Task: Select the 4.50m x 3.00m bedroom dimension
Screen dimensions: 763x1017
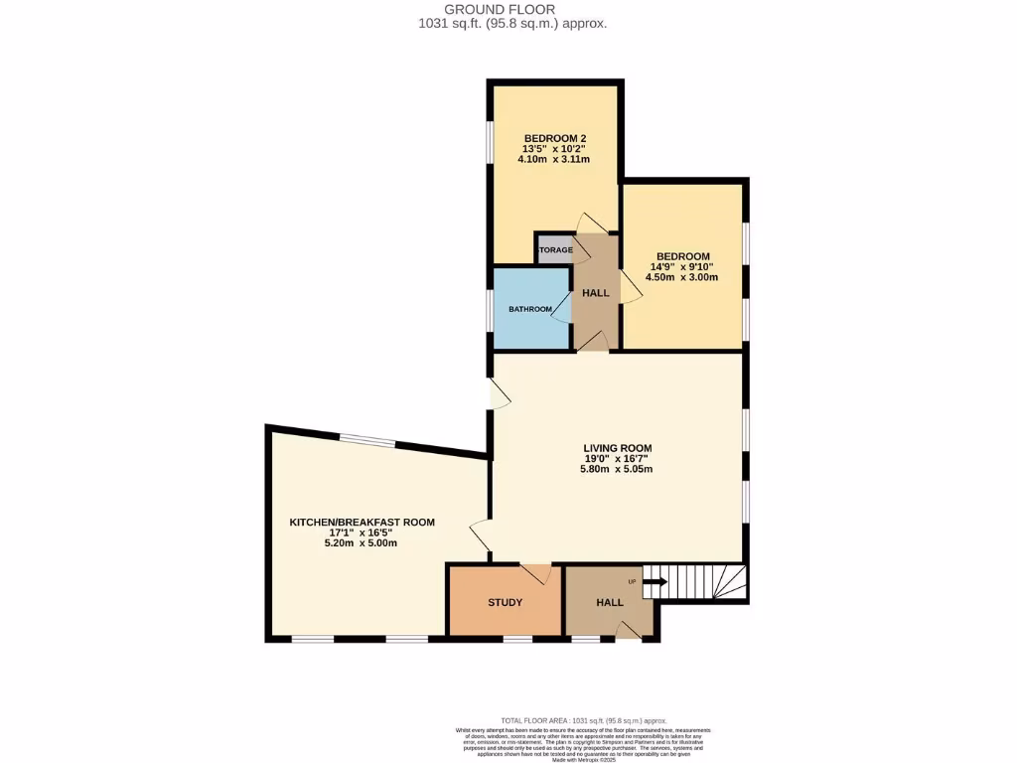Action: point(680,278)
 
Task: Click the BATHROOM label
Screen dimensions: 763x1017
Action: point(530,309)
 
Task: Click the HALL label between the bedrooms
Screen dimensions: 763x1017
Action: point(596,293)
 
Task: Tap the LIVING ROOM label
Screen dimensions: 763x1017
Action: point(617,447)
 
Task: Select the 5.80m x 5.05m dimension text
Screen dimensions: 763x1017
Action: point(617,470)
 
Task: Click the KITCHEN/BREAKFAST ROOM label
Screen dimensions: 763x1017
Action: point(362,522)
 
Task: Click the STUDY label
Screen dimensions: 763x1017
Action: point(505,602)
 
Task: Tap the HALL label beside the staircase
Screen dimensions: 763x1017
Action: point(610,602)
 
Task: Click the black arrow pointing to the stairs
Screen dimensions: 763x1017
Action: point(655,583)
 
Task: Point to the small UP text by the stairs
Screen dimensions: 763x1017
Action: point(631,581)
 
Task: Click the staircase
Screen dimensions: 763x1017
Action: point(700,581)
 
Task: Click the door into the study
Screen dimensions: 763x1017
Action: point(536,573)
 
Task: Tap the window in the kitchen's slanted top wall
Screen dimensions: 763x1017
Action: point(367,442)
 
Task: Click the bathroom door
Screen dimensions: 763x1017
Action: point(562,308)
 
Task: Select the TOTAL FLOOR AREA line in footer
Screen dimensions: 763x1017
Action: point(583,720)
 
